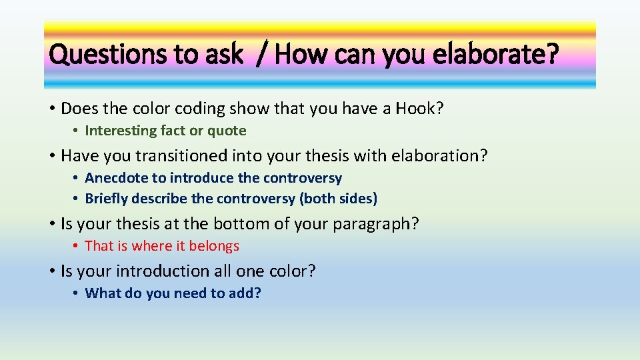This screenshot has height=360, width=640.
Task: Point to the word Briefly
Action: point(107,199)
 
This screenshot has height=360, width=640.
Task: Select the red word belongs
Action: point(214,246)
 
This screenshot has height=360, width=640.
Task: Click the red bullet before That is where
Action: point(77,246)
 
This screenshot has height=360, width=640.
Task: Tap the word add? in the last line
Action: point(243,293)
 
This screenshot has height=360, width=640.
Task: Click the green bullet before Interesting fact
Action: point(77,131)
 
